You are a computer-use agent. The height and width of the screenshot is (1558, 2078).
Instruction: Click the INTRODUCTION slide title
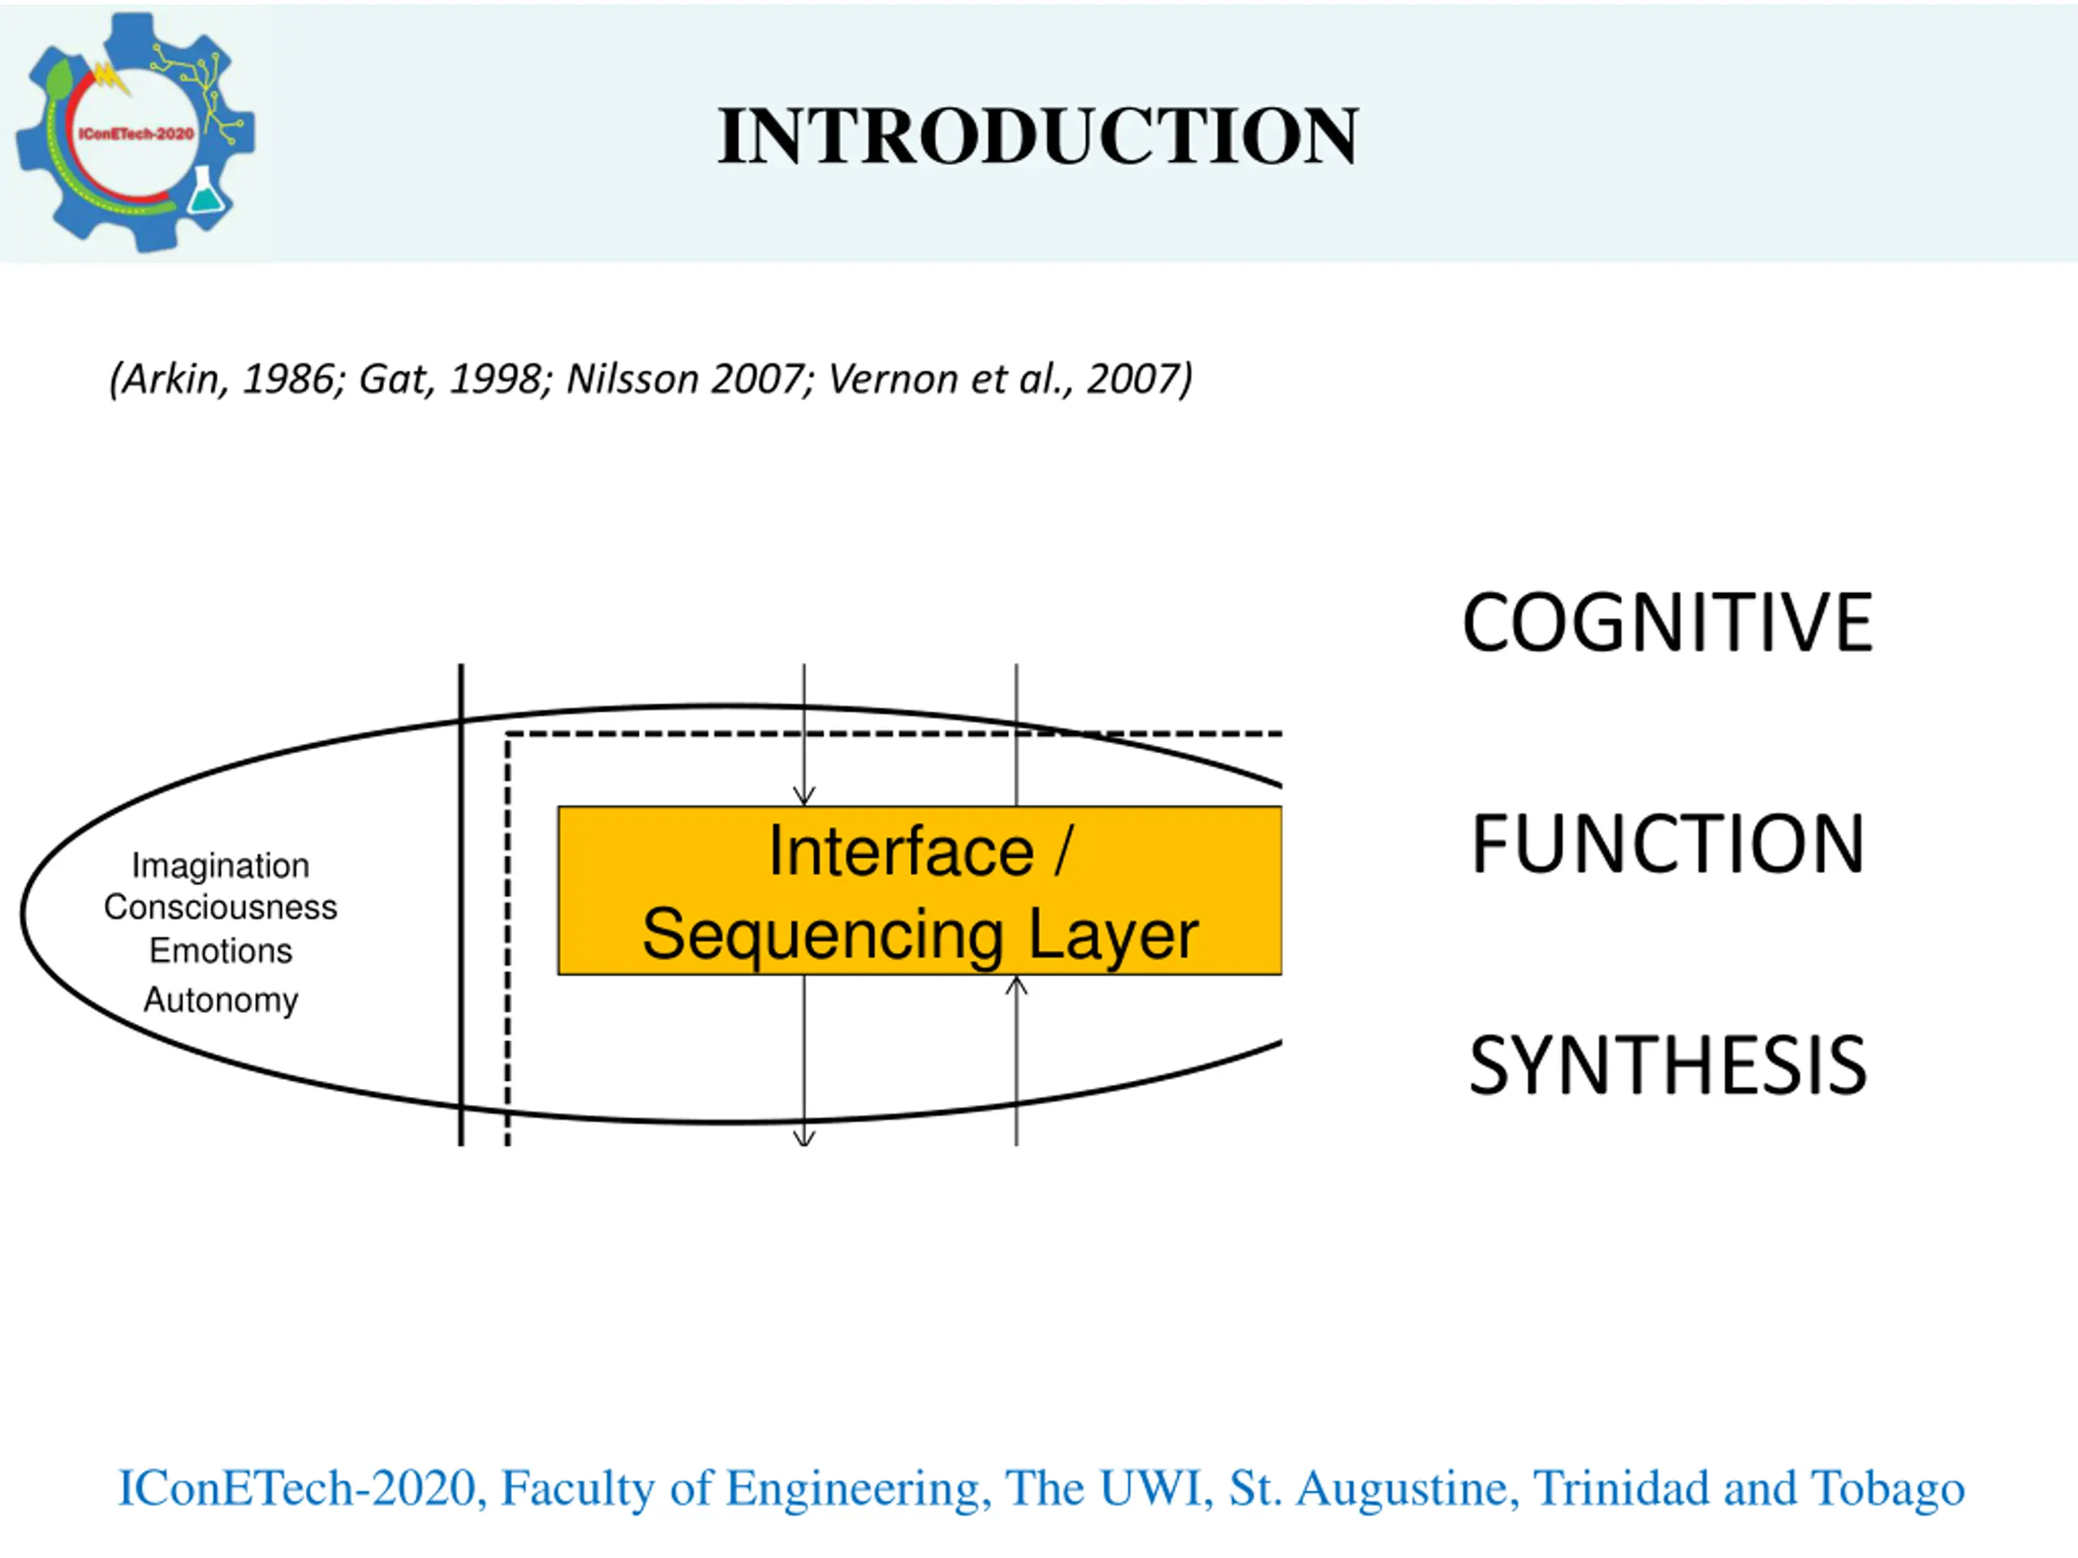pos(1037,137)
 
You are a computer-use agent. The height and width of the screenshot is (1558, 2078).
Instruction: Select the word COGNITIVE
pos(1667,622)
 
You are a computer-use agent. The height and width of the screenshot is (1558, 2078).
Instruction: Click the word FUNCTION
pos(1667,843)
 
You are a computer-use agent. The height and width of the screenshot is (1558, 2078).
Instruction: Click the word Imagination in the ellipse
pos(220,865)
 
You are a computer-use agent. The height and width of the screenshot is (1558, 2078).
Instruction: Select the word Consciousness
pos(220,907)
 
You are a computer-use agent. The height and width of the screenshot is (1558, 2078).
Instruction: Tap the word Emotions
pos(220,950)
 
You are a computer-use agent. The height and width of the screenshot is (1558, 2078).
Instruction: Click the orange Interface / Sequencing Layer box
pos(919,890)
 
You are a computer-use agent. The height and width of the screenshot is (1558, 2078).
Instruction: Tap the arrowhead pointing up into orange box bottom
pos(1016,986)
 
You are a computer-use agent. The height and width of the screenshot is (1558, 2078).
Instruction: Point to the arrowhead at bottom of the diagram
pos(804,1138)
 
